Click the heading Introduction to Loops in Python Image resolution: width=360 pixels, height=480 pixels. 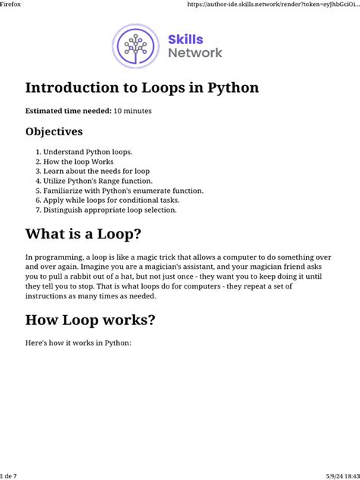click(x=142, y=88)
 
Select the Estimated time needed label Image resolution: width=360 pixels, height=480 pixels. click(x=68, y=111)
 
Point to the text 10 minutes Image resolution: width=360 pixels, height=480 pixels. click(x=132, y=111)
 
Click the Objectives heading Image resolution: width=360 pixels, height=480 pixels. click(x=54, y=131)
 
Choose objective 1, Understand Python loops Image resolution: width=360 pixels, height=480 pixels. click(x=87, y=152)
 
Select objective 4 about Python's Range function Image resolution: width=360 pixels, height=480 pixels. click(x=98, y=181)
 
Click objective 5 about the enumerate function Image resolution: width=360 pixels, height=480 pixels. click(x=123, y=191)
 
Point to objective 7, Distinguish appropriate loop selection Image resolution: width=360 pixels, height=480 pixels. click(x=110, y=210)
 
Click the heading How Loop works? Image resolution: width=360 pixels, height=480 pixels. click(x=90, y=320)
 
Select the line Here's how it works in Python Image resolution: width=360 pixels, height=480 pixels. click(x=78, y=343)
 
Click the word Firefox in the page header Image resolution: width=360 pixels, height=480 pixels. click(x=13, y=5)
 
